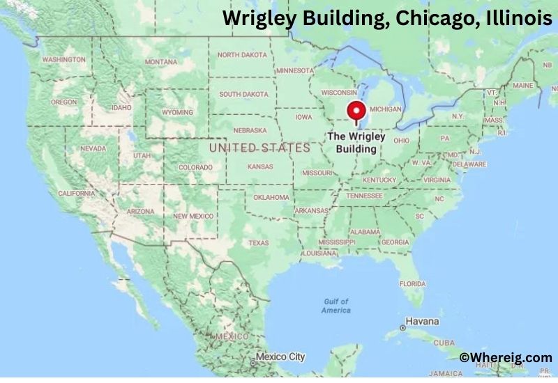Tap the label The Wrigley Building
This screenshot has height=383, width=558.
(356, 143)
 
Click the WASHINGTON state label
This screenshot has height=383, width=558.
(63, 59)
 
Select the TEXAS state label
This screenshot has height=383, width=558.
(258, 242)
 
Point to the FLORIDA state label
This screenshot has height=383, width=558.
(412, 283)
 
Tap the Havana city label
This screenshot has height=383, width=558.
(423, 322)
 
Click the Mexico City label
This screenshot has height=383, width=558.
(280, 357)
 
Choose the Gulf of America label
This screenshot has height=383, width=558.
(336, 306)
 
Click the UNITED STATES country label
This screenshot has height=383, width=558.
(259, 148)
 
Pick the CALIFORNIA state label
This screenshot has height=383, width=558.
(77, 193)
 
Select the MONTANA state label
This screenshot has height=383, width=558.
(161, 62)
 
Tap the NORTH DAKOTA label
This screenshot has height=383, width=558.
(243, 54)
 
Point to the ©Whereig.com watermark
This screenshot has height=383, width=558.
(506, 357)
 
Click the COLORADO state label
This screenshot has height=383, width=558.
(195, 168)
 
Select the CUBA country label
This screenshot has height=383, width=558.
(444, 343)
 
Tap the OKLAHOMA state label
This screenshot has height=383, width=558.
(271, 197)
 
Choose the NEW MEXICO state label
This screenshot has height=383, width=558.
(193, 217)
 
